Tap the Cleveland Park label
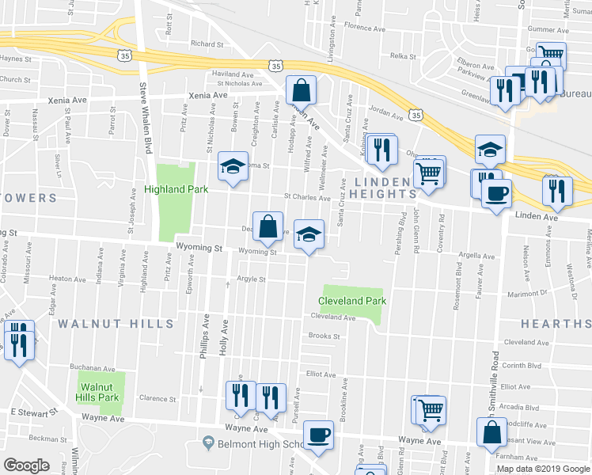[352, 301]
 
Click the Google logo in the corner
[26, 465]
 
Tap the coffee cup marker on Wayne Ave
[318, 435]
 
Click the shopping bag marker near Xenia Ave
[301, 89]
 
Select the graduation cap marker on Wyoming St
[309, 234]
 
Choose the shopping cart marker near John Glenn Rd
[429, 172]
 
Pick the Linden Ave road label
[537, 215]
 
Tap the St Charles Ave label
[306, 198]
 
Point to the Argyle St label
[251, 279]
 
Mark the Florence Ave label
[364, 28]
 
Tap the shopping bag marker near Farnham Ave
[491, 433]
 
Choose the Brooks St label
[324, 336]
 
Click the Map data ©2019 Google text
[542, 468]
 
